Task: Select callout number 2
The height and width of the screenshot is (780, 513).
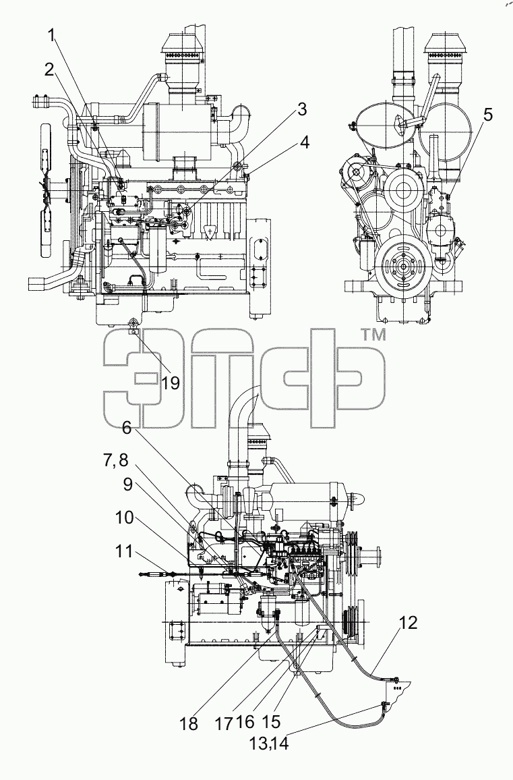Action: click(49, 69)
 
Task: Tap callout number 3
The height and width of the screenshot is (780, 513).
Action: click(301, 110)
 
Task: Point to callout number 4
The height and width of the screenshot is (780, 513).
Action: click(304, 143)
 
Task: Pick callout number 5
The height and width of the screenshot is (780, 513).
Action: click(487, 115)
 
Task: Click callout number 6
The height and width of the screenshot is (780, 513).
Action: click(127, 427)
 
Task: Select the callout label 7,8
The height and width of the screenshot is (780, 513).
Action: click(115, 461)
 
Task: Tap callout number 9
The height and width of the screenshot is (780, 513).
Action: click(128, 484)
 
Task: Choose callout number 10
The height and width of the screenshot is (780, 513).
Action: click(124, 518)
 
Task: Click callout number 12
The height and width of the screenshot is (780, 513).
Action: click(408, 623)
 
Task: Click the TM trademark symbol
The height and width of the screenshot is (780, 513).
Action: click(372, 336)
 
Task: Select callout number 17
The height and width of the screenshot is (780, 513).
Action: click(225, 723)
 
